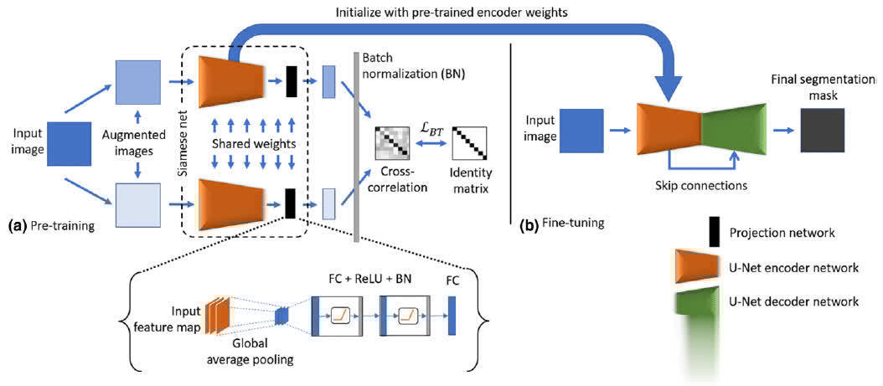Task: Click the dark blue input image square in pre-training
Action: (71, 144)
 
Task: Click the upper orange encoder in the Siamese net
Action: (227, 80)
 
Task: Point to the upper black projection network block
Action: (292, 81)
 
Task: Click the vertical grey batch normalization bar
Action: (357, 147)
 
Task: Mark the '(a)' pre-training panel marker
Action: (19, 225)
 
